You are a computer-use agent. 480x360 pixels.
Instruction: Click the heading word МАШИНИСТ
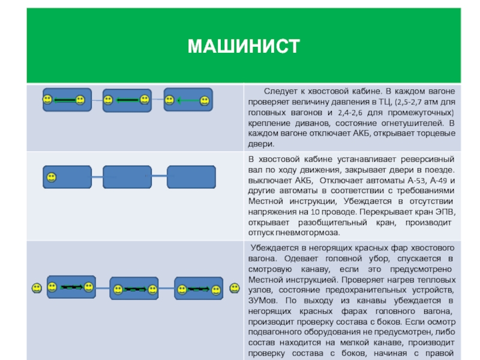click(x=243, y=46)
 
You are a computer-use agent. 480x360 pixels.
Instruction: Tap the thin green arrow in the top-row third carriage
click(x=187, y=101)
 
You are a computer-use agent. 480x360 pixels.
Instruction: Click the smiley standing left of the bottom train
click(x=37, y=289)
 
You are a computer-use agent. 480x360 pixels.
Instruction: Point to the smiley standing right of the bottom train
click(x=232, y=289)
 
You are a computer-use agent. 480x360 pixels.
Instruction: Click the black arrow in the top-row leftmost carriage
click(x=65, y=100)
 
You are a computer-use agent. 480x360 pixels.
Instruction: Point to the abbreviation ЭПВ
click(x=445, y=212)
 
